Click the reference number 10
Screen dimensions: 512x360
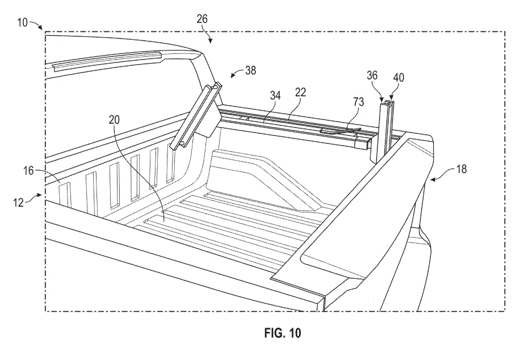click(22, 23)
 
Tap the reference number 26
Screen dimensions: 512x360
click(202, 19)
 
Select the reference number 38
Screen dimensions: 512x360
click(250, 70)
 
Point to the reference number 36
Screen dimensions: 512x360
click(372, 76)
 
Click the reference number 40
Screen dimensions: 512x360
click(398, 78)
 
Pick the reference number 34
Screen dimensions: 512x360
click(275, 96)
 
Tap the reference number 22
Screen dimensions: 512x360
click(300, 93)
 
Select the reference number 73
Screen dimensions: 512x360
click(358, 102)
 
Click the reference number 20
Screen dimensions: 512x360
click(114, 120)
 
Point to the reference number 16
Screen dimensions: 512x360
click(29, 170)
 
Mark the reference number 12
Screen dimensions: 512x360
click(19, 203)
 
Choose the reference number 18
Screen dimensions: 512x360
click(461, 169)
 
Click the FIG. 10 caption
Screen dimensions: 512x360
click(283, 333)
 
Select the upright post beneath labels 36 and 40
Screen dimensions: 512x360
click(387, 131)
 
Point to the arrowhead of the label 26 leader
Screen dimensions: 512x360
click(211, 41)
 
